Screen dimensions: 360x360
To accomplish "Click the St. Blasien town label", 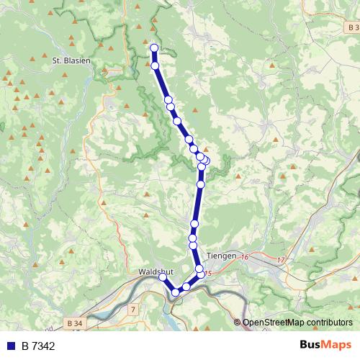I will pos(71,61).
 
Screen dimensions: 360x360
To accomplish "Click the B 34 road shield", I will pos(73,323).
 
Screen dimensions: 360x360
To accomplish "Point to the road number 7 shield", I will pos(133,309).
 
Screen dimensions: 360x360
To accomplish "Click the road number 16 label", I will pos(245,257).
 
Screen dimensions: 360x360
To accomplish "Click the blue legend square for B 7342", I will pos(12,346).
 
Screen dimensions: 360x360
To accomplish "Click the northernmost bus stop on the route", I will pos(153,48).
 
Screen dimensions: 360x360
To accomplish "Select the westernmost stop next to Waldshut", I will pos(163,277).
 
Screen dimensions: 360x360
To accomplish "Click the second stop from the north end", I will pos(155,66).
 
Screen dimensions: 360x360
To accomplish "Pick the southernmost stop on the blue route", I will pos(175,292).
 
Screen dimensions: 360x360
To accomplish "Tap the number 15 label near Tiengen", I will pos(207,274).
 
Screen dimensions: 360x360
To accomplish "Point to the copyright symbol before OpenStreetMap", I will pos(238,323).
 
